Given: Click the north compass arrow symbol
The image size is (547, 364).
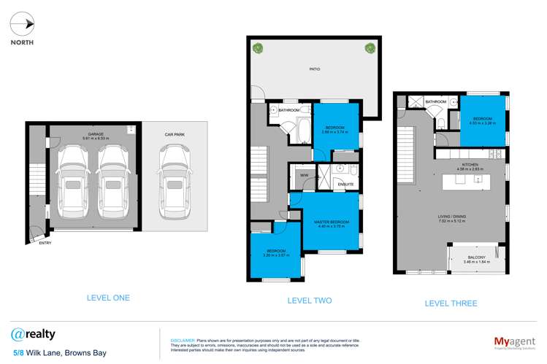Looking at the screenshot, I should [28, 23].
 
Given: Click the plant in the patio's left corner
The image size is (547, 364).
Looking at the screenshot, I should [257, 49].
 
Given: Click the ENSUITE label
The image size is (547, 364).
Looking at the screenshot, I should [345, 184].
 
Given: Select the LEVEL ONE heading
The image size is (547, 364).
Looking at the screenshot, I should [88, 298].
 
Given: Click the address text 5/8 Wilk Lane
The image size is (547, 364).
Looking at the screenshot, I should [45, 354].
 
